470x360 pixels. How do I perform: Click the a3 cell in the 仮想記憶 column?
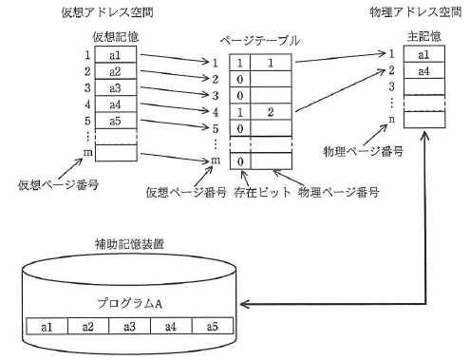click(116, 87)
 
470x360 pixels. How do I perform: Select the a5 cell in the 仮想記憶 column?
click(116, 121)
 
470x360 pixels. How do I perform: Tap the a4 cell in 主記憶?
click(424, 71)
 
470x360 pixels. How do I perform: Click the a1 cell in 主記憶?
click(424, 54)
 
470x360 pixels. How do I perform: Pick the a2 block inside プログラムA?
click(88, 326)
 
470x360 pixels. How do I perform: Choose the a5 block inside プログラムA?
click(213, 326)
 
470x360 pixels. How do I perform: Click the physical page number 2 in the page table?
click(271, 112)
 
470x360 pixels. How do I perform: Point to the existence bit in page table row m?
click(240, 161)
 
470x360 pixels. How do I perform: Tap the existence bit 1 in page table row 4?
click(240, 112)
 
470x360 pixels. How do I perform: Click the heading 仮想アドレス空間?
click(107, 12)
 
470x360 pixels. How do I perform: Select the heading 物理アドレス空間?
click(416, 12)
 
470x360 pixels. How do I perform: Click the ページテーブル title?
click(260, 41)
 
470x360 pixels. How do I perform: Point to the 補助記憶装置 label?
click(129, 244)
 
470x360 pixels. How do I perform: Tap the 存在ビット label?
click(262, 192)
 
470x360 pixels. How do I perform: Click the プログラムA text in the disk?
click(130, 303)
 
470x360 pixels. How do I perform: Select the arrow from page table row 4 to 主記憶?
click(341, 90)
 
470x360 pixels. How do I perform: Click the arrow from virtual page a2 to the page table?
click(175, 74)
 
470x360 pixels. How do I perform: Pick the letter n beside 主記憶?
click(392, 120)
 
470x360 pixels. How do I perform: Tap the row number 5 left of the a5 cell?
click(87, 121)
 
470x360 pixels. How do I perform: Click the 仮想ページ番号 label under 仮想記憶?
click(58, 184)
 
